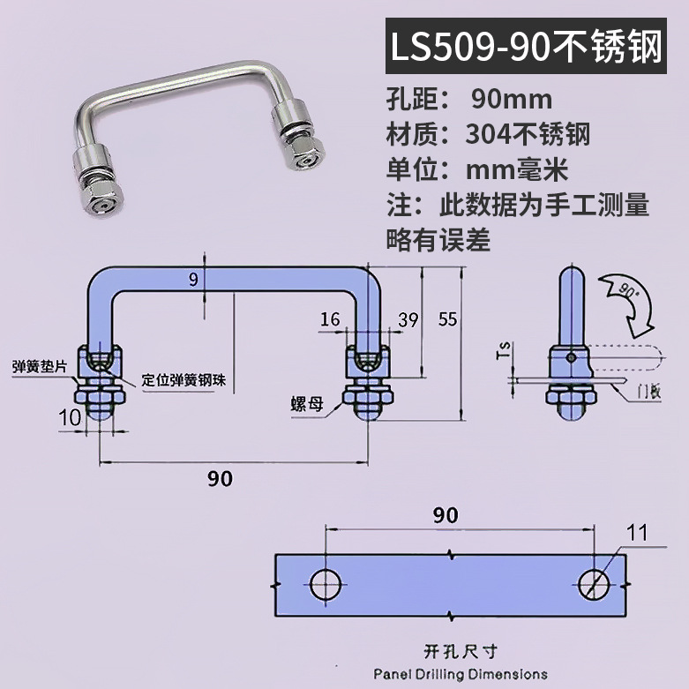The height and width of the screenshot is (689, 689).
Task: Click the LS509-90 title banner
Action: pos(526,46)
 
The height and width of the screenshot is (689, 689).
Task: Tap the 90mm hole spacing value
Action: pos(512,100)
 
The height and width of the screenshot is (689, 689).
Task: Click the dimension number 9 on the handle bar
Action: pos(193,280)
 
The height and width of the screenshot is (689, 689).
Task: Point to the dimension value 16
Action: pos(330,319)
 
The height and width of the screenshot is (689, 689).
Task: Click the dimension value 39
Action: pos(408,320)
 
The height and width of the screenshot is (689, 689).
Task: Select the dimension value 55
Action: pos(448,319)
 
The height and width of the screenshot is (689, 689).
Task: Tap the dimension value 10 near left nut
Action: pos(70,417)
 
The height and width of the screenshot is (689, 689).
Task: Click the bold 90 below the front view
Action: pos(221,478)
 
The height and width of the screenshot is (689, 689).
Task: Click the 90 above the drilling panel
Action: pos(446,515)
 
